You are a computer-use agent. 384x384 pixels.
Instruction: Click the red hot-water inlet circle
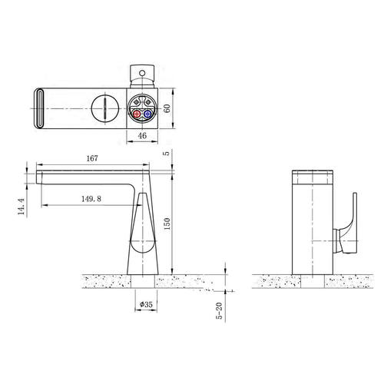tap(137, 114)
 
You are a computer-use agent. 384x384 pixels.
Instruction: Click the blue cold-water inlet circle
tap(147, 114)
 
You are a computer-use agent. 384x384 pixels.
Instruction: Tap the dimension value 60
tap(167, 108)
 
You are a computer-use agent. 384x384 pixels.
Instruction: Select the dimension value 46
tap(142, 135)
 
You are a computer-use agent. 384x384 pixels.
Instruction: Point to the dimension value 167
tap(92, 158)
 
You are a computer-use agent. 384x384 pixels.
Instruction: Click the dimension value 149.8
tap(91, 199)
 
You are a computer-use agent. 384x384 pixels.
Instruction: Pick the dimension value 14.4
tap(21, 207)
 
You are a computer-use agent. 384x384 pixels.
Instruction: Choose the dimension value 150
tap(167, 223)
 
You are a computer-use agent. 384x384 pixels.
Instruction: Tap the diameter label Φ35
tap(146, 304)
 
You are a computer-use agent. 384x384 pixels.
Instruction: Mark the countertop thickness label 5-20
tap(220, 311)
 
